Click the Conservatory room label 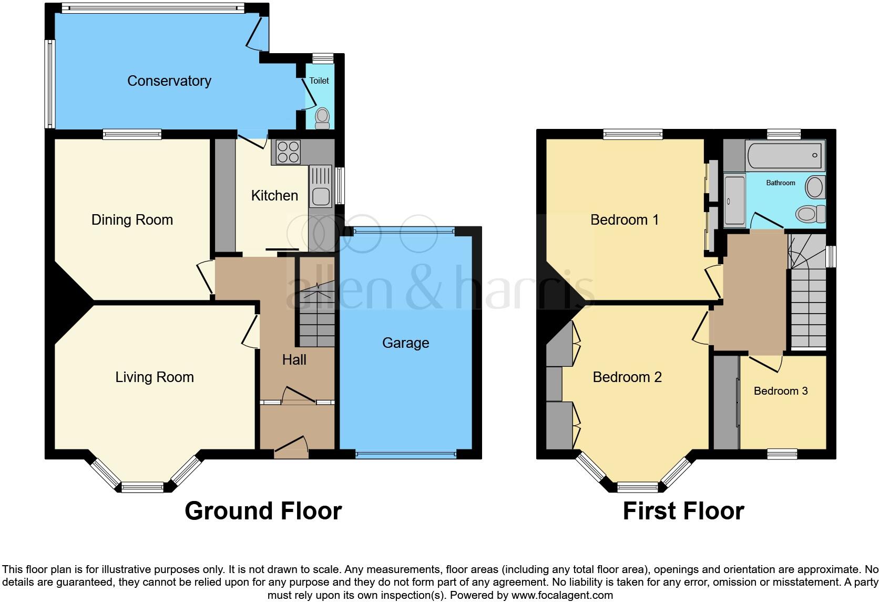pyautogui.click(x=169, y=81)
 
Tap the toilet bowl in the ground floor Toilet pyautogui.click(x=322, y=117)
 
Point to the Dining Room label pyautogui.click(x=132, y=219)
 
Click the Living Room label pyautogui.click(x=155, y=377)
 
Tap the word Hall pyautogui.click(x=294, y=359)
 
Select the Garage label pyautogui.click(x=405, y=343)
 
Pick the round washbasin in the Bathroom pyautogui.click(x=815, y=187)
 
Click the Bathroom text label pyautogui.click(x=780, y=183)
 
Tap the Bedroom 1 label pyautogui.click(x=624, y=219)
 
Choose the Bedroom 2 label pyautogui.click(x=627, y=377)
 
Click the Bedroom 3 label pyautogui.click(x=780, y=390)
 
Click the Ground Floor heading pyautogui.click(x=263, y=510)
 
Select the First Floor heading pyautogui.click(x=683, y=510)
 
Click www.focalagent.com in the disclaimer pyautogui.click(x=562, y=595)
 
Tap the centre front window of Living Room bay pyautogui.click(x=142, y=487)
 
